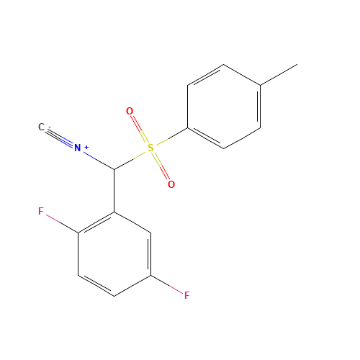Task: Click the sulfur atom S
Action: tap(150, 148)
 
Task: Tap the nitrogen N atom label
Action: tap(77, 148)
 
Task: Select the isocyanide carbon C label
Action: tap(41, 127)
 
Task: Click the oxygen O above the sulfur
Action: tap(130, 111)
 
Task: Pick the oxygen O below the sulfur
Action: tap(171, 184)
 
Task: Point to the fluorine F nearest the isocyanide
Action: tap(41, 211)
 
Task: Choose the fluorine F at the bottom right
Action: tap(187, 295)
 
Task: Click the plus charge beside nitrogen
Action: tap(86, 147)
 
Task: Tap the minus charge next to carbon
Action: tap(50, 127)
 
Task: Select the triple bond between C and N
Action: tap(60, 138)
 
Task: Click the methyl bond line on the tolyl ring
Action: tap(279, 75)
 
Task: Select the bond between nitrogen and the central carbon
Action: tap(99, 161)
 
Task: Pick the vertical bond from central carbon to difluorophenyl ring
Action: tap(114, 191)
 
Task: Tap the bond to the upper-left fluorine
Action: tap(62, 224)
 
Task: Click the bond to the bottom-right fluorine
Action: tap(166, 284)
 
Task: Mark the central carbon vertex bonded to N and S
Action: tap(114, 169)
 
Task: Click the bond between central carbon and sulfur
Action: tap(130, 161)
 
